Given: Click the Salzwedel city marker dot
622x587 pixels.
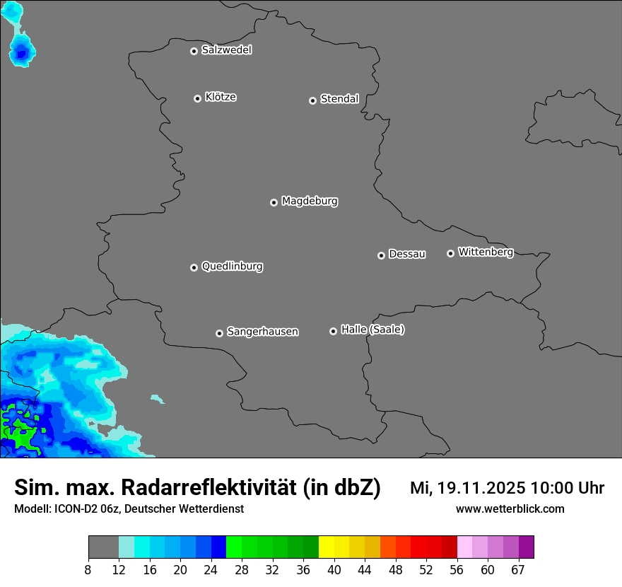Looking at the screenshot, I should (x=194, y=51).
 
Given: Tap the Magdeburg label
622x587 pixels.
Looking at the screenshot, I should (x=310, y=202).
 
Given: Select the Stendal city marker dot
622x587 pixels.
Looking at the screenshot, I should (x=312, y=100).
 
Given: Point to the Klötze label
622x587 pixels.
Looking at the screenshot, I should (x=221, y=97).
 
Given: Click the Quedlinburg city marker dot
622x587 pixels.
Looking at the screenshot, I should (x=194, y=267).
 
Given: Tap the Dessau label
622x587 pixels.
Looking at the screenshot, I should (x=407, y=254).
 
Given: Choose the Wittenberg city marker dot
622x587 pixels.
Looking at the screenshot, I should (x=450, y=253).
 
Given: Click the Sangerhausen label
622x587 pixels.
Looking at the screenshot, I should (x=262, y=332).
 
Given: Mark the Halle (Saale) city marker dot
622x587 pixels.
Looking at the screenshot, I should (x=333, y=331).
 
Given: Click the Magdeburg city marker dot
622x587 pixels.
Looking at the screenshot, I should (x=274, y=202).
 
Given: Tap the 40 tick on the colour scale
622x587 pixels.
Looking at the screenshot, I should (x=334, y=570).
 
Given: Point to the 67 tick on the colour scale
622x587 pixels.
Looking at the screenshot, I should (x=518, y=570).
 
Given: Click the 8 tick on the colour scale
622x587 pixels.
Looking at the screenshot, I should (x=88, y=570).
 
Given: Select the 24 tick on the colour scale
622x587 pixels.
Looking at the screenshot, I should (x=211, y=570).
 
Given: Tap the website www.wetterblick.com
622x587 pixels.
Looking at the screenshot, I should (x=510, y=509).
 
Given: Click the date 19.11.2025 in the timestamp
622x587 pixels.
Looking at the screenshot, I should (x=481, y=488).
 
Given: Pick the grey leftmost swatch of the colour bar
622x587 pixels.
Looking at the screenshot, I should (x=103, y=547).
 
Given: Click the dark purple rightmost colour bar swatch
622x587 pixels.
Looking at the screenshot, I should (x=527, y=547).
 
